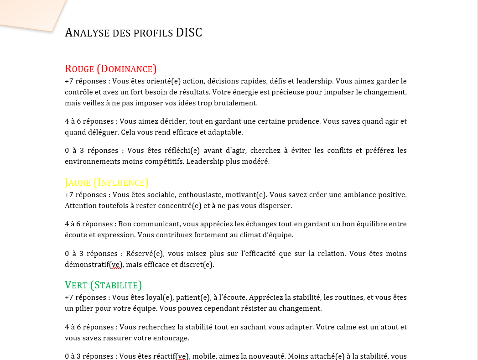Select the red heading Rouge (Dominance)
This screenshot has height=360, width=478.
click(x=111, y=69)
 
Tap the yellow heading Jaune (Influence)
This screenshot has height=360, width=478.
click(x=107, y=183)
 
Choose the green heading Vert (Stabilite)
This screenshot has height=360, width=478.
click(x=104, y=286)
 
